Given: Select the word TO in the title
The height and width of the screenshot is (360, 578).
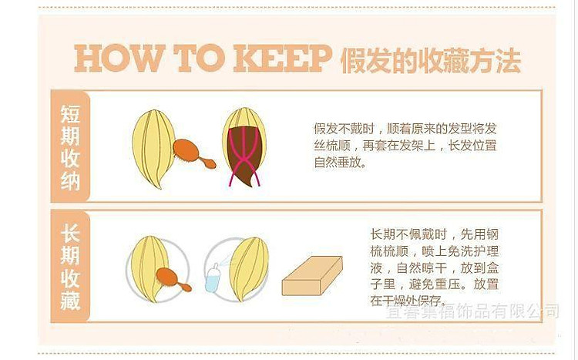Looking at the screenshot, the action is (198, 59).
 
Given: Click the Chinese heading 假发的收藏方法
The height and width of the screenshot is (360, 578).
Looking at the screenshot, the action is (430, 60).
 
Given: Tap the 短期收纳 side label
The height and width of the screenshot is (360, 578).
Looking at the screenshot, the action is (70, 146).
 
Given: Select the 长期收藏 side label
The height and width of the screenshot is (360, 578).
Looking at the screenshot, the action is (70, 266).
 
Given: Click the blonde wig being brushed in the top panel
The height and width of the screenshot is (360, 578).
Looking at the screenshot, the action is (153, 148).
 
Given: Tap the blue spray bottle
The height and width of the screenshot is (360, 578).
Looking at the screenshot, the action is (213, 278).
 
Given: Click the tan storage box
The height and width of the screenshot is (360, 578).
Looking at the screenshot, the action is (312, 275).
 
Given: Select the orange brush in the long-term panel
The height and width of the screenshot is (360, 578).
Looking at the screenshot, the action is (173, 279).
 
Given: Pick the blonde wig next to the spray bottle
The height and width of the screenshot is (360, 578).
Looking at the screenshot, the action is (248, 268).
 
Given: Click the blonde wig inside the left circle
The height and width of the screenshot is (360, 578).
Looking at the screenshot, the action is (150, 268).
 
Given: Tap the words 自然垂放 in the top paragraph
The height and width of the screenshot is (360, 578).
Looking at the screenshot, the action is (338, 163).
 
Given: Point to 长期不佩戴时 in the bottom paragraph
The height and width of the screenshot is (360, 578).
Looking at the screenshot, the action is (408, 234).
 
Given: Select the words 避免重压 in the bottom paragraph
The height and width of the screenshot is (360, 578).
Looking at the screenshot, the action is (433, 284).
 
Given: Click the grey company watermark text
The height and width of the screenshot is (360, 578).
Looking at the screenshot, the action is (472, 311).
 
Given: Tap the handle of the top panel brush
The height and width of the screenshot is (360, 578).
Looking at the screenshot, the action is (207, 163).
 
